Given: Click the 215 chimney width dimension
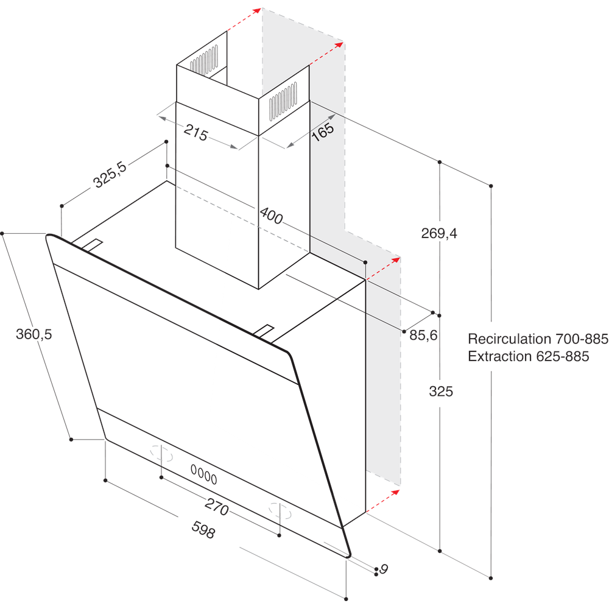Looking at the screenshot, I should pyautogui.click(x=196, y=133).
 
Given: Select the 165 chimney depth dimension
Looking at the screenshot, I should pyautogui.click(x=323, y=133).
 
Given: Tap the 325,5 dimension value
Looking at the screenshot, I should pyautogui.click(x=110, y=176).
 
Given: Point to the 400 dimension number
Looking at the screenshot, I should pyautogui.click(x=271, y=216).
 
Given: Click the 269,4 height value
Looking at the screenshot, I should pyautogui.click(x=439, y=233).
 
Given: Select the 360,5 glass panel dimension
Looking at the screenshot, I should pyautogui.click(x=34, y=334).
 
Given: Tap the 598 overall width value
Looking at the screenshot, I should pyautogui.click(x=203, y=530).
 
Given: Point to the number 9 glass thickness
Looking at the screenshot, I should pyautogui.click(x=384, y=569).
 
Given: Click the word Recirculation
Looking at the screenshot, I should pyautogui.click(x=510, y=339).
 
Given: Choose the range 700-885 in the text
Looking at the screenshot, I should pyautogui.click(x=579, y=339).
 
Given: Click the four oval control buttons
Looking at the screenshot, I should pyautogui.click(x=203, y=471).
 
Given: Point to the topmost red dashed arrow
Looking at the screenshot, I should pyautogui.click(x=244, y=19).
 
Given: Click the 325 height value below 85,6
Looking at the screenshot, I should pyautogui.click(x=441, y=392).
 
